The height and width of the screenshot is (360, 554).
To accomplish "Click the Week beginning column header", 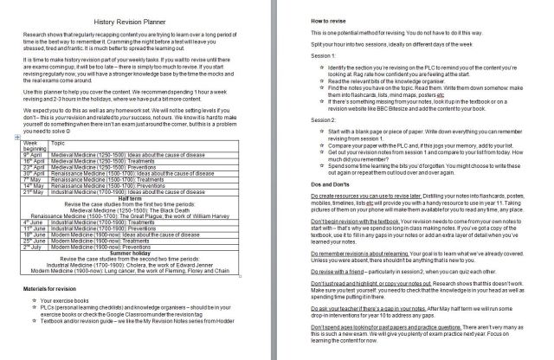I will click(35, 144).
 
